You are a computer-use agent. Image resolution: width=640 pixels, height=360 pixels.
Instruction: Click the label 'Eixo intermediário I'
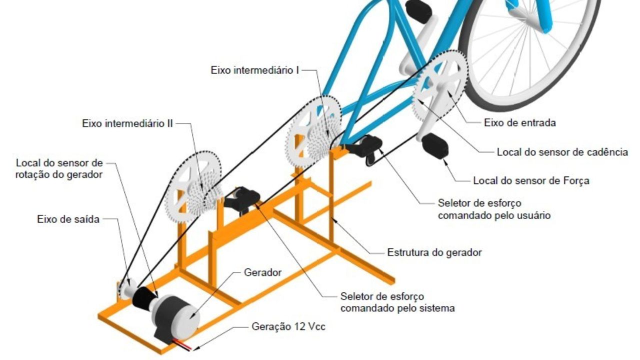(254, 70)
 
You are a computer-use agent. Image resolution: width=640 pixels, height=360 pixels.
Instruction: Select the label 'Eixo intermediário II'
(127, 123)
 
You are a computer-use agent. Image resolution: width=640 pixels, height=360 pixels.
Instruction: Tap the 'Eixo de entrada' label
(519, 122)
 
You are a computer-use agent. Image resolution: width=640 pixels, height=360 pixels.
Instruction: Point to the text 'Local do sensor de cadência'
(562, 152)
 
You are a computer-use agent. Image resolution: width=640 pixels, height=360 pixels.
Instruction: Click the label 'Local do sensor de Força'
(531, 180)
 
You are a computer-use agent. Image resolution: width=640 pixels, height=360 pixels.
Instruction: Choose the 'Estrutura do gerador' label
(434, 252)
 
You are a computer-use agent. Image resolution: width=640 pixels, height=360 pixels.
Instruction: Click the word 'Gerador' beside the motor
(262, 272)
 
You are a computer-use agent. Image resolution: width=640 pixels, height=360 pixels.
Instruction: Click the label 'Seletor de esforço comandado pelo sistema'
(397, 302)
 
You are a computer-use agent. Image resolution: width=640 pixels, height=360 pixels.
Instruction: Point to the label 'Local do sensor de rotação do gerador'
(59, 168)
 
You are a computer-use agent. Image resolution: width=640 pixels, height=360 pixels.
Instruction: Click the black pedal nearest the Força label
(434, 145)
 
